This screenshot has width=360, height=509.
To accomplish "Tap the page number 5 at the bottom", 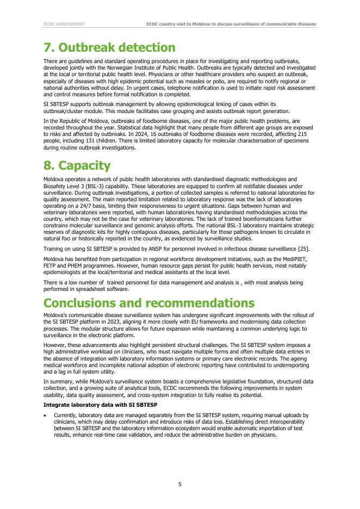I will pos(180,483).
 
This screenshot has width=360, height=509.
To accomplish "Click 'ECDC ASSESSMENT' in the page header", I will pos(64,24).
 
